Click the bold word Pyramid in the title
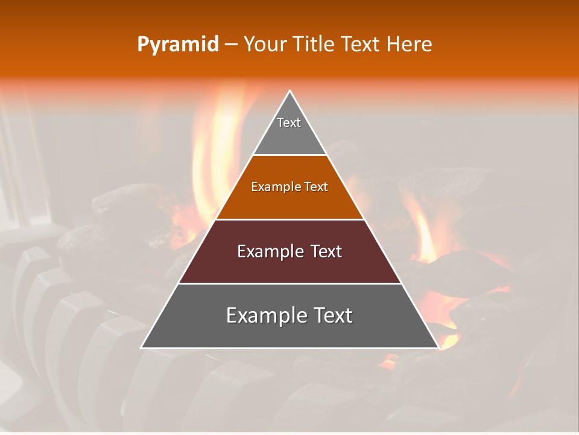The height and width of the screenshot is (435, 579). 178,45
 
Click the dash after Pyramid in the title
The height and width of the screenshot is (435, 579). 231,45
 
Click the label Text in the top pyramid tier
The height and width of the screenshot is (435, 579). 289,123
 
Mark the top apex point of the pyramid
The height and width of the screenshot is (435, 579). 290,91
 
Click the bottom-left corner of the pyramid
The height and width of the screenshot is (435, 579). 142,347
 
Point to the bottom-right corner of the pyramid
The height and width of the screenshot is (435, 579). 438,347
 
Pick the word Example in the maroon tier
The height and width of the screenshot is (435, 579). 268,251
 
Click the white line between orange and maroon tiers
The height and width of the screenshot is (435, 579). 289,219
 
